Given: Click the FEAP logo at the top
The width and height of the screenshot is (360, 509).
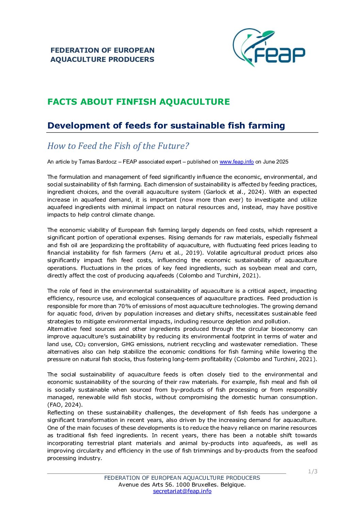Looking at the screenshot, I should click(269, 48).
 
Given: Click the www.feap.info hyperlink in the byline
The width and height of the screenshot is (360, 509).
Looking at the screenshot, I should click(236, 162).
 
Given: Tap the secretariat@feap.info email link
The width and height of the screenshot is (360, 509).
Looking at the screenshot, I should click(182, 491).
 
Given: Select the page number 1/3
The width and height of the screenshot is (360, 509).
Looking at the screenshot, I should click(313, 472).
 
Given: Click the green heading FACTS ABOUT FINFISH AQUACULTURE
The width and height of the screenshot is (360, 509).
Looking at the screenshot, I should click(138, 102).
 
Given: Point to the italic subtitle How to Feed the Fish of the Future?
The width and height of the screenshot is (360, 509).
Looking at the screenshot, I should click(118, 146).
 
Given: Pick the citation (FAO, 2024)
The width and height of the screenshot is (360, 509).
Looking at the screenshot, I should click(65, 405).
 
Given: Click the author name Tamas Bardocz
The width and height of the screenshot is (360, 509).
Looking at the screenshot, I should click(96, 162).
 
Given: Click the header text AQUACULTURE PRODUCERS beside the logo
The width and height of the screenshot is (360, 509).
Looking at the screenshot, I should click(102, 60).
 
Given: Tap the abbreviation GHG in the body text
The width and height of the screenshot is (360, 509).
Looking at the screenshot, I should click(128, 344).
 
